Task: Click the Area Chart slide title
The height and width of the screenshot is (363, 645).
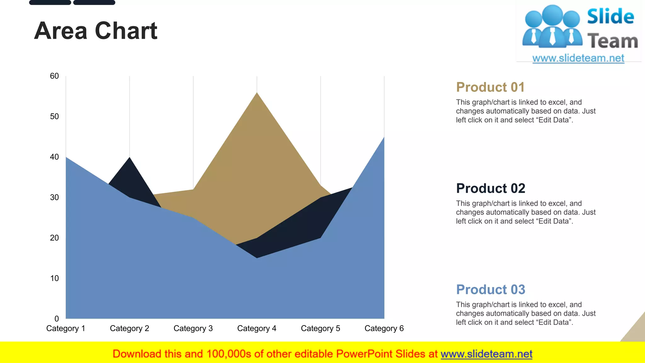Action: (95, 31)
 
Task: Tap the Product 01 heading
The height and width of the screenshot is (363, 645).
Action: (490, 87)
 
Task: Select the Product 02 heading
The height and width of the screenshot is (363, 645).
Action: (490, 188)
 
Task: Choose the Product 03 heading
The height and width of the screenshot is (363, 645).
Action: (490, 290)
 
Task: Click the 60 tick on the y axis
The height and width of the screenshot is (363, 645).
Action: (54, 76)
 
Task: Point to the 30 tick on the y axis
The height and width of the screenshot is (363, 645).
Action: (54, 198)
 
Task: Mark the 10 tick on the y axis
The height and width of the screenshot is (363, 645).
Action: (54, 279)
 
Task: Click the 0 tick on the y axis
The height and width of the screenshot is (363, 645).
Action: (56, 319)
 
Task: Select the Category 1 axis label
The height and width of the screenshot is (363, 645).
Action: (66, 329)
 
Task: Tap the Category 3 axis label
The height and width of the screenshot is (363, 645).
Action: (193, 329)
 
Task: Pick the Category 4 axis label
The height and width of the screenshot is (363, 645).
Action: (257, 329)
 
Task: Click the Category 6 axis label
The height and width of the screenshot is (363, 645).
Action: (384, 329)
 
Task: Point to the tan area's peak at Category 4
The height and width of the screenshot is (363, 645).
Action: (257, 93)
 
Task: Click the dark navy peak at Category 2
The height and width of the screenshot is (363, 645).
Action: (129, 158)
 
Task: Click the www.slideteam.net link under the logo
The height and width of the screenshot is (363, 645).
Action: (578, 58)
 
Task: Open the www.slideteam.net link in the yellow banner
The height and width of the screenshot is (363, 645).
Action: (486, 354)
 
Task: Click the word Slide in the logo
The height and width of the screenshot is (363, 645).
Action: (610, 17)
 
